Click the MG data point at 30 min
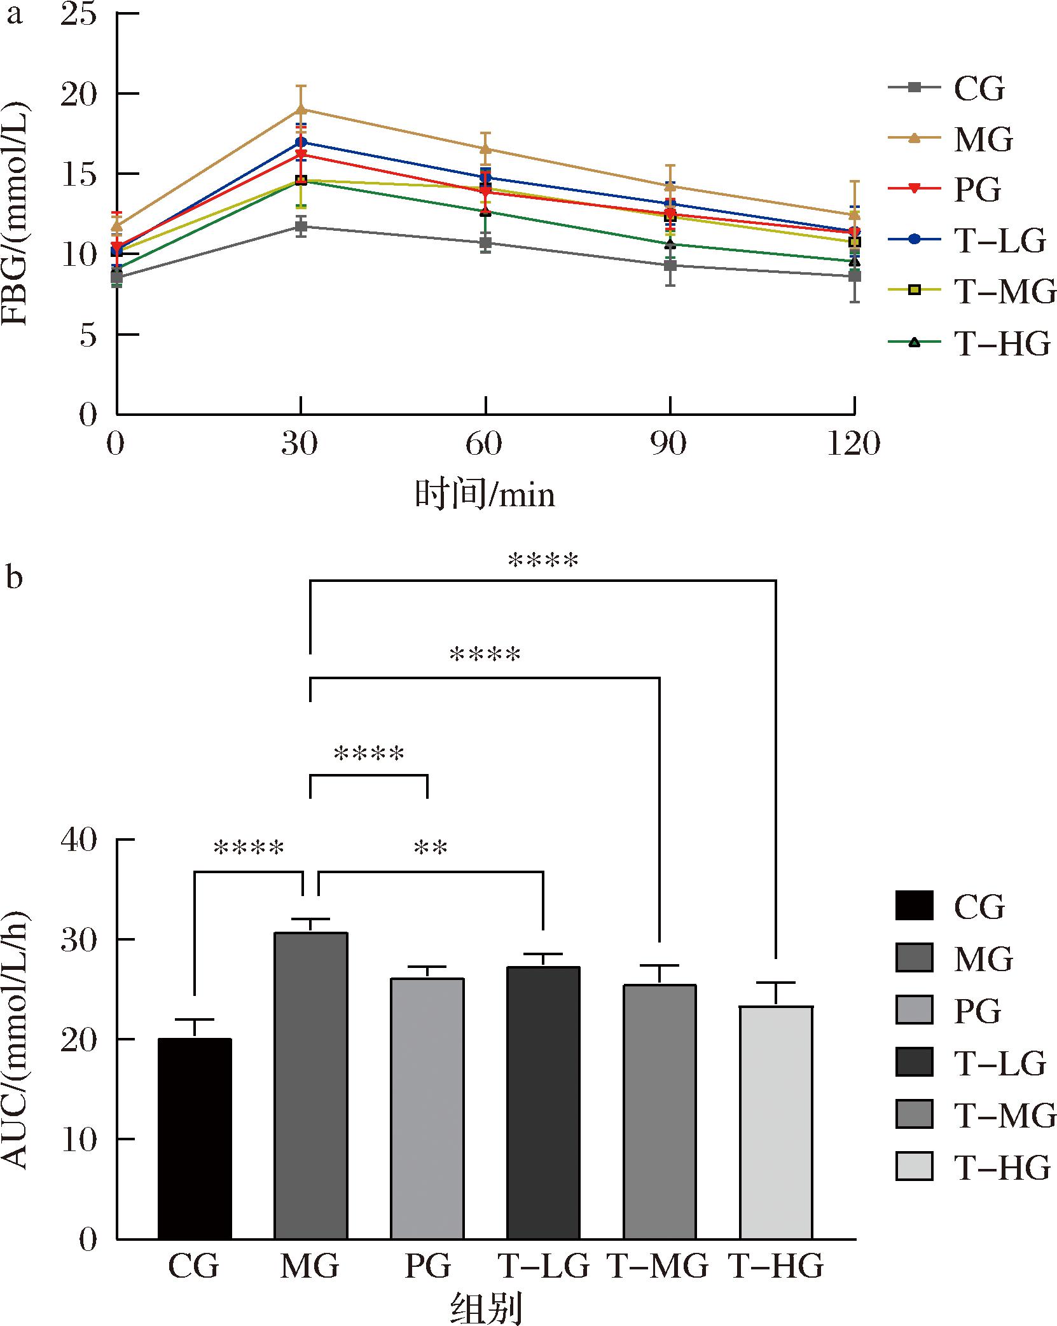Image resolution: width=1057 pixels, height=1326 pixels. tap(301, 109)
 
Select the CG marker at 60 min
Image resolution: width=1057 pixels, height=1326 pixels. tap(486, 242)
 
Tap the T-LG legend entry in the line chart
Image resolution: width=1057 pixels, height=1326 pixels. tap(967, 240)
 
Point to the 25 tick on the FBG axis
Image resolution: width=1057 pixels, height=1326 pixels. tap(79, 13)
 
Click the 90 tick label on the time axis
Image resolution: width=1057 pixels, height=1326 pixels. tap(669, 444)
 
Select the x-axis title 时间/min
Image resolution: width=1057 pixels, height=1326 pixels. tap(485, 494)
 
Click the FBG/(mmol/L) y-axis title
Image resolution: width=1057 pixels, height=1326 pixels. tap(16, 214)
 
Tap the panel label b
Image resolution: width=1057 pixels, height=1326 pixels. tap(13, 577)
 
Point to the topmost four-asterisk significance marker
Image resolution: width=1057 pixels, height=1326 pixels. tap(543, 561)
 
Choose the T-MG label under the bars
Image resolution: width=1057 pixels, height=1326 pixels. tap(658, 1266)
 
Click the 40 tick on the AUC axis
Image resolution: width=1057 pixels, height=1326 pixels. tap(79, 839)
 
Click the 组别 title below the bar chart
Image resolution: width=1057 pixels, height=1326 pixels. tap(486, 1308)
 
